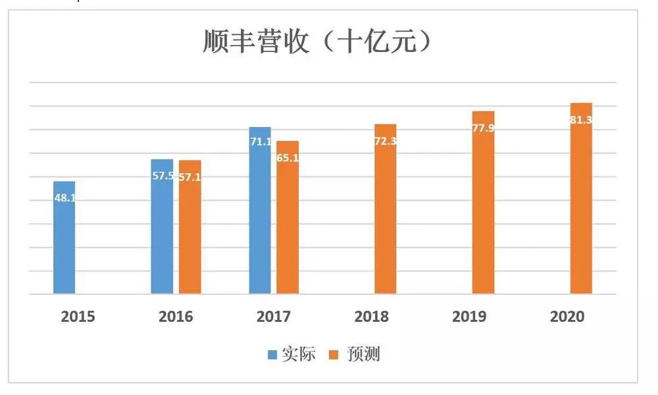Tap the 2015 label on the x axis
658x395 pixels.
click(78, 317)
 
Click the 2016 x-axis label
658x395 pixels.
click(176, 317)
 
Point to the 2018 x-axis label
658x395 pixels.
click(371, 317)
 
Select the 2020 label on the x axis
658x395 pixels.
click(567, 317)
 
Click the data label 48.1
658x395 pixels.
click(64, 197)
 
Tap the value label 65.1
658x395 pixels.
click(288, 158)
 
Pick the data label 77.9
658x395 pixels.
click(484, 128)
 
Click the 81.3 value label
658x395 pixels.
click(581, 120)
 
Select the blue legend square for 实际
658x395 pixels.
click(272, 355)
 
